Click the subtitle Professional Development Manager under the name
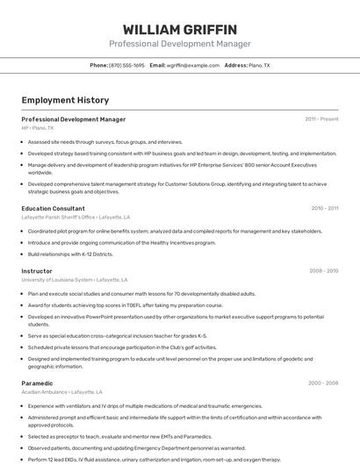[179, 44]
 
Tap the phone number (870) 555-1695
[127, 66]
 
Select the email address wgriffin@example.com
[194, 66]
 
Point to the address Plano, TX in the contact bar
[259, 66]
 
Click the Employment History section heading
[65, 101]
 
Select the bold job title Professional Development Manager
[74, 119]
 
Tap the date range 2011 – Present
[321, 119]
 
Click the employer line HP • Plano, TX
[38, 128]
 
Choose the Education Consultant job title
[54, 209]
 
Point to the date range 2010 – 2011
[324, 209]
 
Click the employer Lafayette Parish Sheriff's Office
[58, 218]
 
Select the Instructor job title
[37, 272]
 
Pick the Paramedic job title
[38, 383]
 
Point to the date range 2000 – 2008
[323, 383]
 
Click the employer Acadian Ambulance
[45, 392]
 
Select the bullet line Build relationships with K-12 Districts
[70, 254]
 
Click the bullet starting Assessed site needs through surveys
[105, 142]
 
